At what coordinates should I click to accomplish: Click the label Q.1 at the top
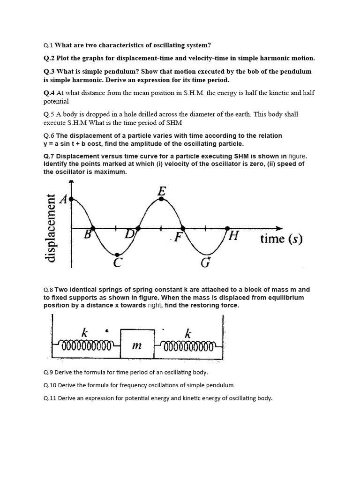pyautogui.click(x=48, y=45)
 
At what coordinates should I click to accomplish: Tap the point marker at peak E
pyautogui.click(x=162, y=199)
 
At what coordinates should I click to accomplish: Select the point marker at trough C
pyautogui.click(x=117, y=255)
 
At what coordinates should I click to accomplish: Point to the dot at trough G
pyautogui.click(x=206, y=255)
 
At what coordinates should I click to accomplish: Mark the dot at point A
pyautogui.click(x=71, y=199)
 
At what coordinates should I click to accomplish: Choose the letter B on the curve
pyautogui.click(x=87, y=235)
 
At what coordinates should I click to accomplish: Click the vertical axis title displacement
pyautogui.click(x=50, y=228)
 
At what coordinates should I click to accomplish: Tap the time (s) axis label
pyautogui.click(x=281, y=239)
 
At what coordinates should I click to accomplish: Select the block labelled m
pyautogui.click(x=137, y=345)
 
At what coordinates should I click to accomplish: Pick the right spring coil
pyautogui.click(x=188, y=347)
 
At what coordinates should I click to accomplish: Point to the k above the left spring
pyautogui.click(x=84, y=333)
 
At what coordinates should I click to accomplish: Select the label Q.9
pyautogui.click(x=48, y=372)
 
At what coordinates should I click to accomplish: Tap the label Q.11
pyautogui.click(x=49, y=398)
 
